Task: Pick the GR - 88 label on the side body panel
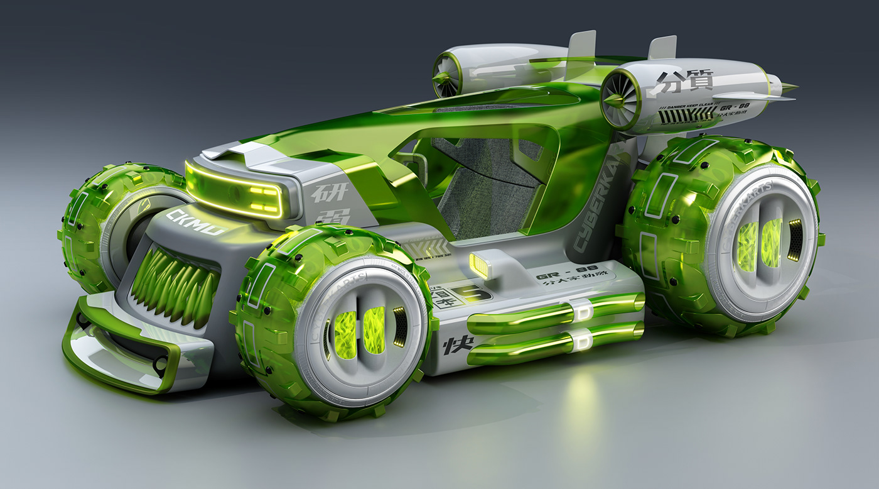pyautogui.click(x=556, y=276)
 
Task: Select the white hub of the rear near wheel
pyautogui.click(x=760, y=243)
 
